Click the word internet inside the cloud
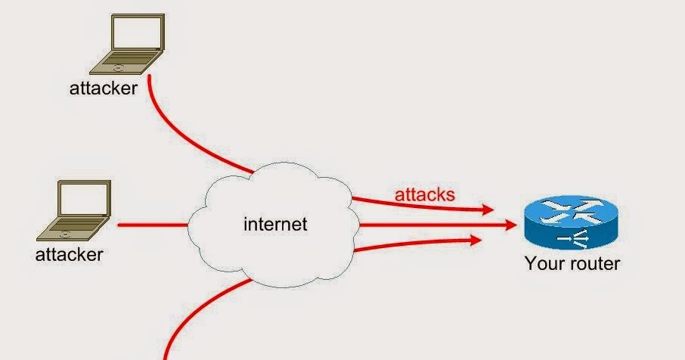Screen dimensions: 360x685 [x=276, y=224]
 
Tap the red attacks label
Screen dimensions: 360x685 [x=425, y=194]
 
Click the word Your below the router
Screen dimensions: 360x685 [x=543, y=264]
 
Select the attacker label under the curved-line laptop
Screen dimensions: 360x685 [x=104, y=88]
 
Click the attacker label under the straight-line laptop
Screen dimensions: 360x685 [x=69, y=254]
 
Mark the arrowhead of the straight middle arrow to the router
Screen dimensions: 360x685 [x=512, y=225]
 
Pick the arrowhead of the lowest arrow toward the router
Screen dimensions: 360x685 [x=477, y=241]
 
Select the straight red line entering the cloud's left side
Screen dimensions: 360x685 [x=151, y=225]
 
